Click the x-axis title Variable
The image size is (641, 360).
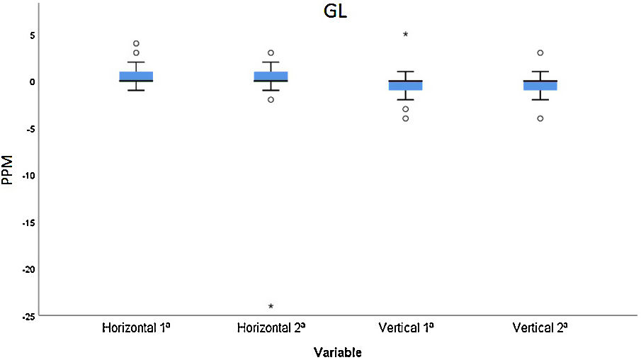pos(338,351)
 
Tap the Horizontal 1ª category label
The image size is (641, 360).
pos(136,328)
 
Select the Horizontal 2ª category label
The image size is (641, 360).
pos(271,328)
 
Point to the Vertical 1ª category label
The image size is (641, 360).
pos(405,328)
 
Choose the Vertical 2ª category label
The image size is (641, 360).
pos(540,328)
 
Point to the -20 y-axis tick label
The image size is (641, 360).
pos(24,269)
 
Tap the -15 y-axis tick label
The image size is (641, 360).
pos(24,223)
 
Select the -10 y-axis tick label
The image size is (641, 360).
pos(24,175)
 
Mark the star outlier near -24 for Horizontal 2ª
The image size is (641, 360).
pos(271,306)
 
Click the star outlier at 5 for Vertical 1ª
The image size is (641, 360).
pos(405,34)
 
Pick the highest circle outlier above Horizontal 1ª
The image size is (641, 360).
pos(136,44)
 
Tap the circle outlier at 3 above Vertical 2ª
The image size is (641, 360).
pos(540,53)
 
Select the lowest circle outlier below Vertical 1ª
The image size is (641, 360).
pos(405,118)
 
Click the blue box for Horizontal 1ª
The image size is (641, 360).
pos(136,76)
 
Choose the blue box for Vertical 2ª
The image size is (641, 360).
pos(540,86)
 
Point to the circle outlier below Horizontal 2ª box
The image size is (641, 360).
pos(271,100)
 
